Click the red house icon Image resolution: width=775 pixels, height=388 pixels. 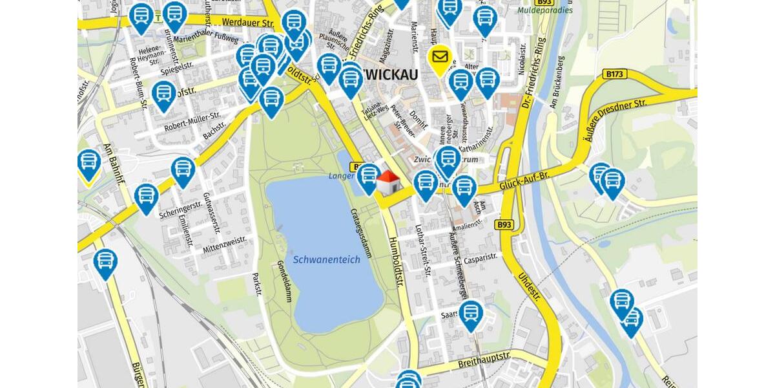click(387, 183)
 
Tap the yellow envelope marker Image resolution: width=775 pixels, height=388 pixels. click(440, 58)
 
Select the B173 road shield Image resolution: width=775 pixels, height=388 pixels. click(615, 74)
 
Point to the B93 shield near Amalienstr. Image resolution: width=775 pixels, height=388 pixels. click(504, 224)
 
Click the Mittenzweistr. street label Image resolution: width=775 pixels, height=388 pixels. click(224, 244)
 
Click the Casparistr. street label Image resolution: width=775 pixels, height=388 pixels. click(480, 257)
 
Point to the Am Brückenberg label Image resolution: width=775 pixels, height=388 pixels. click(556, 81)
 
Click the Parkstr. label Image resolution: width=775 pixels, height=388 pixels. click(257, 284)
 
